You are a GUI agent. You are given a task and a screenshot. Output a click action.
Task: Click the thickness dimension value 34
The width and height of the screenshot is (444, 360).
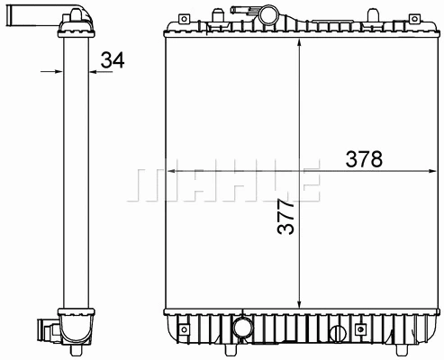pos(113,61)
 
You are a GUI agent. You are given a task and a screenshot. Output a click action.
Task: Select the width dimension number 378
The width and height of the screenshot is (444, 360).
pos(364,159)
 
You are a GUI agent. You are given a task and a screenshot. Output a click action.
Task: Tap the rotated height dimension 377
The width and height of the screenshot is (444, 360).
pos(285,216)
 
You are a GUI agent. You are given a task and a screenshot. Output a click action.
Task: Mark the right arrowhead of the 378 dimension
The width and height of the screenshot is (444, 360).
pos(426,170)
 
